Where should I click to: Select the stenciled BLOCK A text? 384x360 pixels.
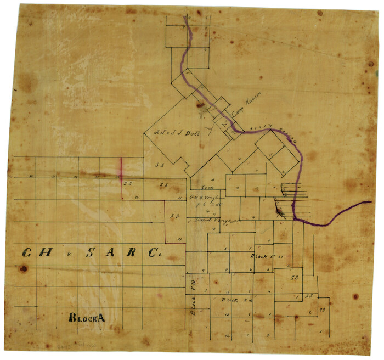coord(86,318)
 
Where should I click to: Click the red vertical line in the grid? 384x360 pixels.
coord(121,178)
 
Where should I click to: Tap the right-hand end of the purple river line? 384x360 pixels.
coord(370,203)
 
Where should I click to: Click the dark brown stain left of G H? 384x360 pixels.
coord(23,269)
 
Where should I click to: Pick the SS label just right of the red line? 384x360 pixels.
coord(129,184)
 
